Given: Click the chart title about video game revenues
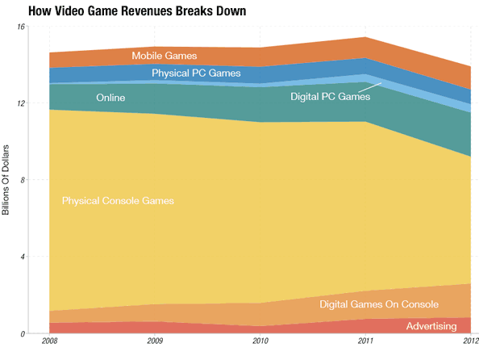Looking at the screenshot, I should point(136,11).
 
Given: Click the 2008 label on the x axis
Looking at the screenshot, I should point(48,342).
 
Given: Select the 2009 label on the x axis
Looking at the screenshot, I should point(153,342).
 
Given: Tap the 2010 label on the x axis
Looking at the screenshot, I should point(260,342).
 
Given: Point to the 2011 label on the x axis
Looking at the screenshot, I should point(365,342).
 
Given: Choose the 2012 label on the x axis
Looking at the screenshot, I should point(467,342).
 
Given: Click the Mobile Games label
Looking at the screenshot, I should point(165,56).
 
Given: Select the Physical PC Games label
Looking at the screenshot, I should point(196,73).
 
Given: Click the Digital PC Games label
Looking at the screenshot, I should point(331,97).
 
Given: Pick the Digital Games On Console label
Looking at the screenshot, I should point(379,304).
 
